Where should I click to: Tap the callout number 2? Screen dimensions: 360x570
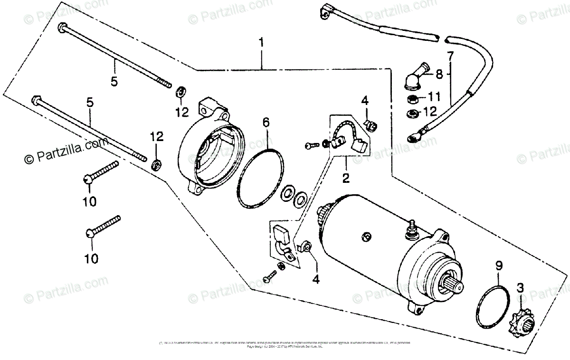click(x=346, y=178)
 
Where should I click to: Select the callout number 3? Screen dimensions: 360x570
click(x=521, y=287)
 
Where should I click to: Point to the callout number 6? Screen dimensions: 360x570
click(x=266, y=123)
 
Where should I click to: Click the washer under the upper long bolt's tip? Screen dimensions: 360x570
click(x=181, y=91)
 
